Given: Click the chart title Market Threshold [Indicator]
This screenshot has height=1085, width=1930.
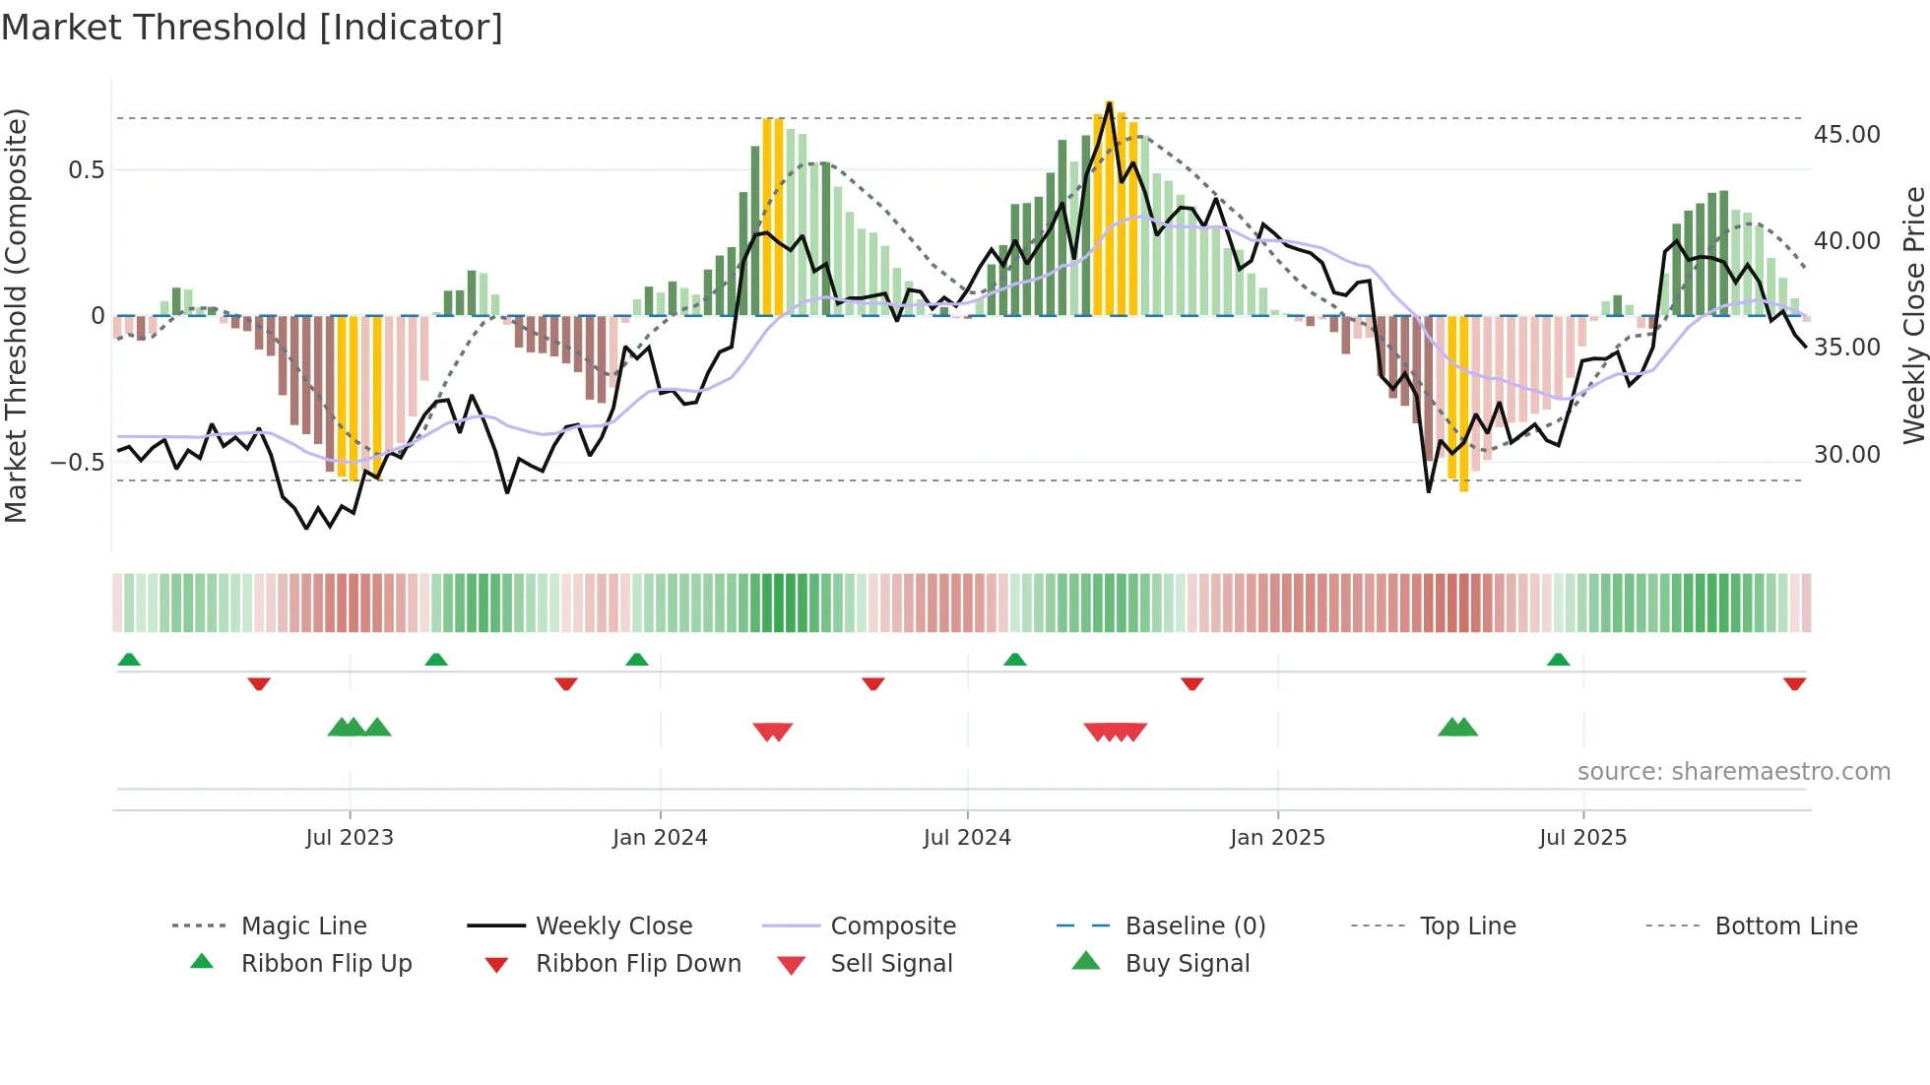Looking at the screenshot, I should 252,28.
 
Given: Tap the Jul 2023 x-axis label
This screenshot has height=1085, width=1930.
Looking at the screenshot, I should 349,838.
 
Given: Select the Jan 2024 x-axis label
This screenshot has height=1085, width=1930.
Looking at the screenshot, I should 660,838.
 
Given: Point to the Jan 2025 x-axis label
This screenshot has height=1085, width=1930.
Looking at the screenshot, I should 1277,838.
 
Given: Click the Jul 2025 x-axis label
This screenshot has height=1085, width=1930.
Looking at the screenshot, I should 1582,838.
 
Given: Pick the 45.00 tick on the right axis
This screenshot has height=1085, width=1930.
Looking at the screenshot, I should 1846,135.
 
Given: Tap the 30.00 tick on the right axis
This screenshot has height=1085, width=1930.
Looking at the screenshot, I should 1846,455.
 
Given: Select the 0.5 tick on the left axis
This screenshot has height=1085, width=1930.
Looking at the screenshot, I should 86,170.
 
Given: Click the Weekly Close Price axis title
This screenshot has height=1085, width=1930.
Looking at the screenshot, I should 1912,315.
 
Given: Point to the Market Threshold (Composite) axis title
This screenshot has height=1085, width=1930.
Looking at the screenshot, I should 16,315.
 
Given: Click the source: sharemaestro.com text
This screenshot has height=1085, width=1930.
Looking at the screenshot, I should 1733,772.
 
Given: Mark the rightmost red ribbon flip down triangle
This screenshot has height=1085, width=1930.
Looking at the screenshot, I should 1794,683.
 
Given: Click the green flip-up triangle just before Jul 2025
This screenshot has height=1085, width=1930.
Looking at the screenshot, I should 1558,660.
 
